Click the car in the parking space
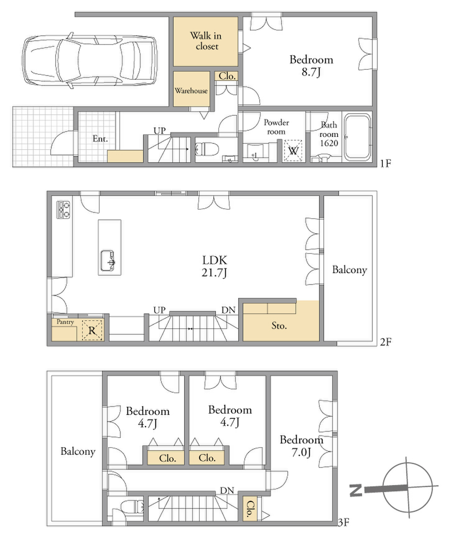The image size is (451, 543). point(90,61)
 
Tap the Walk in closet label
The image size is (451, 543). point(206,41)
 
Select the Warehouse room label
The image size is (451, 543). point(191,91)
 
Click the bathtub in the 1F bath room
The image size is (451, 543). point(357,137)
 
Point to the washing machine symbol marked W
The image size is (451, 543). point(293,151)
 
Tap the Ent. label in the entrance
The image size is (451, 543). point(100,139)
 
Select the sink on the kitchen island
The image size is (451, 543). point(108,260)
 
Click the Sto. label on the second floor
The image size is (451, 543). point(279,326)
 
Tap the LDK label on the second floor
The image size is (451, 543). point(215,260)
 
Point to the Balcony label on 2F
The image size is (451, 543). point(349,270)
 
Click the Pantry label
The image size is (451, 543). point(65,322)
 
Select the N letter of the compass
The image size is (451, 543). point(356,490)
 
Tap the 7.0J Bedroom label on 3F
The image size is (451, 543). point(302,446)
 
